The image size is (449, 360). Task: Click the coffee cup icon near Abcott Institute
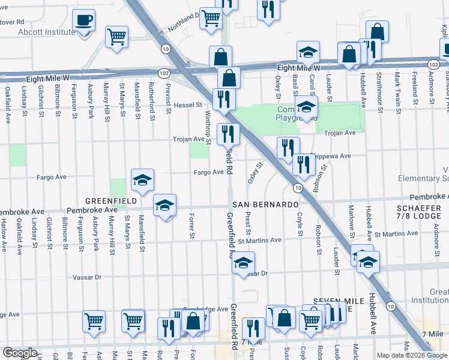(83, 20)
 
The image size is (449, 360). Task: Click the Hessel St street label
(188, 105)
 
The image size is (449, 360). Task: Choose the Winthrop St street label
(208, 127)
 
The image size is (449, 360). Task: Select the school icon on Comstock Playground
(306, 107)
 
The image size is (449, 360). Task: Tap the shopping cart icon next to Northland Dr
(211, 19)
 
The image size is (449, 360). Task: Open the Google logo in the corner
(20, 353)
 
